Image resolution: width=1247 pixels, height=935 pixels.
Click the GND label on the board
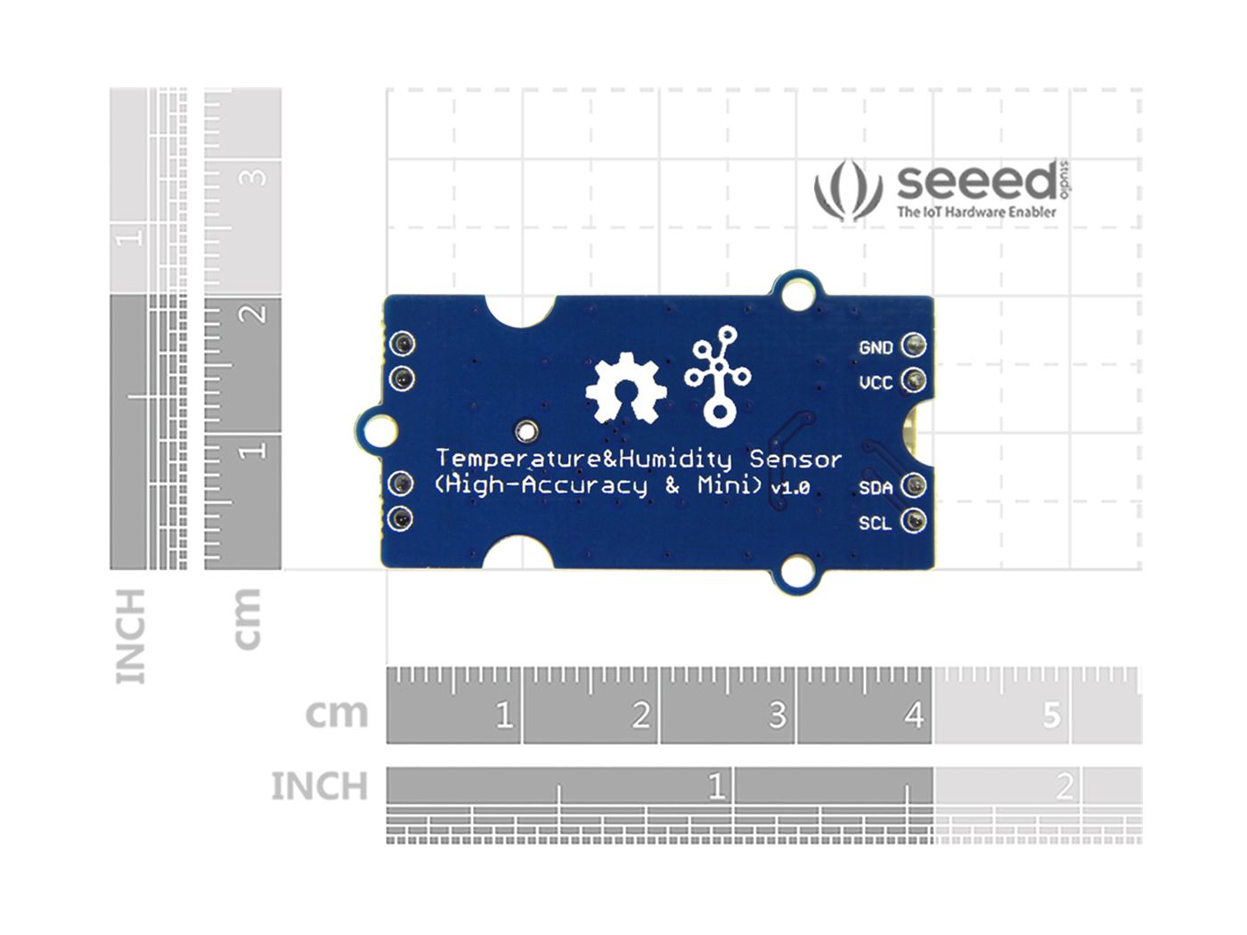pyautogui.click(x=876, y=347)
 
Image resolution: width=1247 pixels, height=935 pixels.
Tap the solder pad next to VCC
pyautogui.click(x=914, y=381)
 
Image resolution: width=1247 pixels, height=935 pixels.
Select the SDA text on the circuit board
pyautogui.click(x=876, y=488)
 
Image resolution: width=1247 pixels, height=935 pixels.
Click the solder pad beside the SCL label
pyautogui.click(x=914, y=521)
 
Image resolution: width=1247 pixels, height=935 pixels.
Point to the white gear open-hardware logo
pyautogui.click(x=626, y=388)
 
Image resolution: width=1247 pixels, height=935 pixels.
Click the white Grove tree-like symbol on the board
pyautogui.click(x=718, y=375)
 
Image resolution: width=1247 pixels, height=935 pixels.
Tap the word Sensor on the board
pyautogui.click(x=795, y=459)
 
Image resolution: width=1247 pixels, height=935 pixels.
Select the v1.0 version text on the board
pyautogui.click(x=790, y=488)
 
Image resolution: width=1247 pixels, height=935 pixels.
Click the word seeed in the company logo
pyautogui.click(x=976, y=182)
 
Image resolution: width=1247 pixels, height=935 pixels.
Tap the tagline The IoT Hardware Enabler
pyautogui.click(x=976, y=212)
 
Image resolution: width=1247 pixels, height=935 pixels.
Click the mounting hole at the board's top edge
pyautogui.click(x=797, y=292)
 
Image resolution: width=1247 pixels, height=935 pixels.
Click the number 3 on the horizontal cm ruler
pyautogui.click(x=777, y=715)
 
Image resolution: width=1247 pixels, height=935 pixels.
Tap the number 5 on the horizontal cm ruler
pyautogui.click(x=1052, y=715)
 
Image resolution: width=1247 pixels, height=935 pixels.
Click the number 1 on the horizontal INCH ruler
pyautogui.click(x=716, y=786)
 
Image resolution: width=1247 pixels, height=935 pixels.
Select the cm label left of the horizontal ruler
pyautogui.click(x=336, y=713)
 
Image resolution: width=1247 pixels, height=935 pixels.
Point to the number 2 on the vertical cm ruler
pyautogui.click(x=256, y=313)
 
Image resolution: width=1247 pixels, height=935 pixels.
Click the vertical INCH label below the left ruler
pyautogui.click(x=131, y=636)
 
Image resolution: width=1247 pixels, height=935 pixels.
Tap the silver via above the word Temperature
pyautogui.click(x=526, y=433)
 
